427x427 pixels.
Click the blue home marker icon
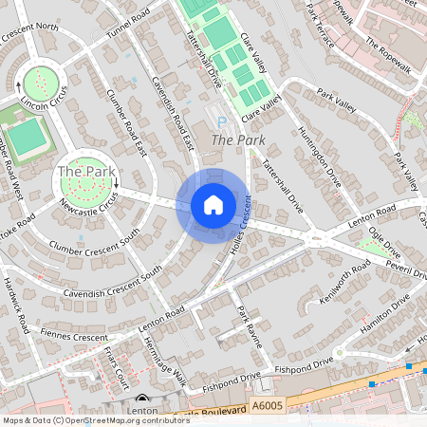(x=213, y=205)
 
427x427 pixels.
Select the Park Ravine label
(x=250, y=328)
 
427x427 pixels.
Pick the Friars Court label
(x=116, y=377)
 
